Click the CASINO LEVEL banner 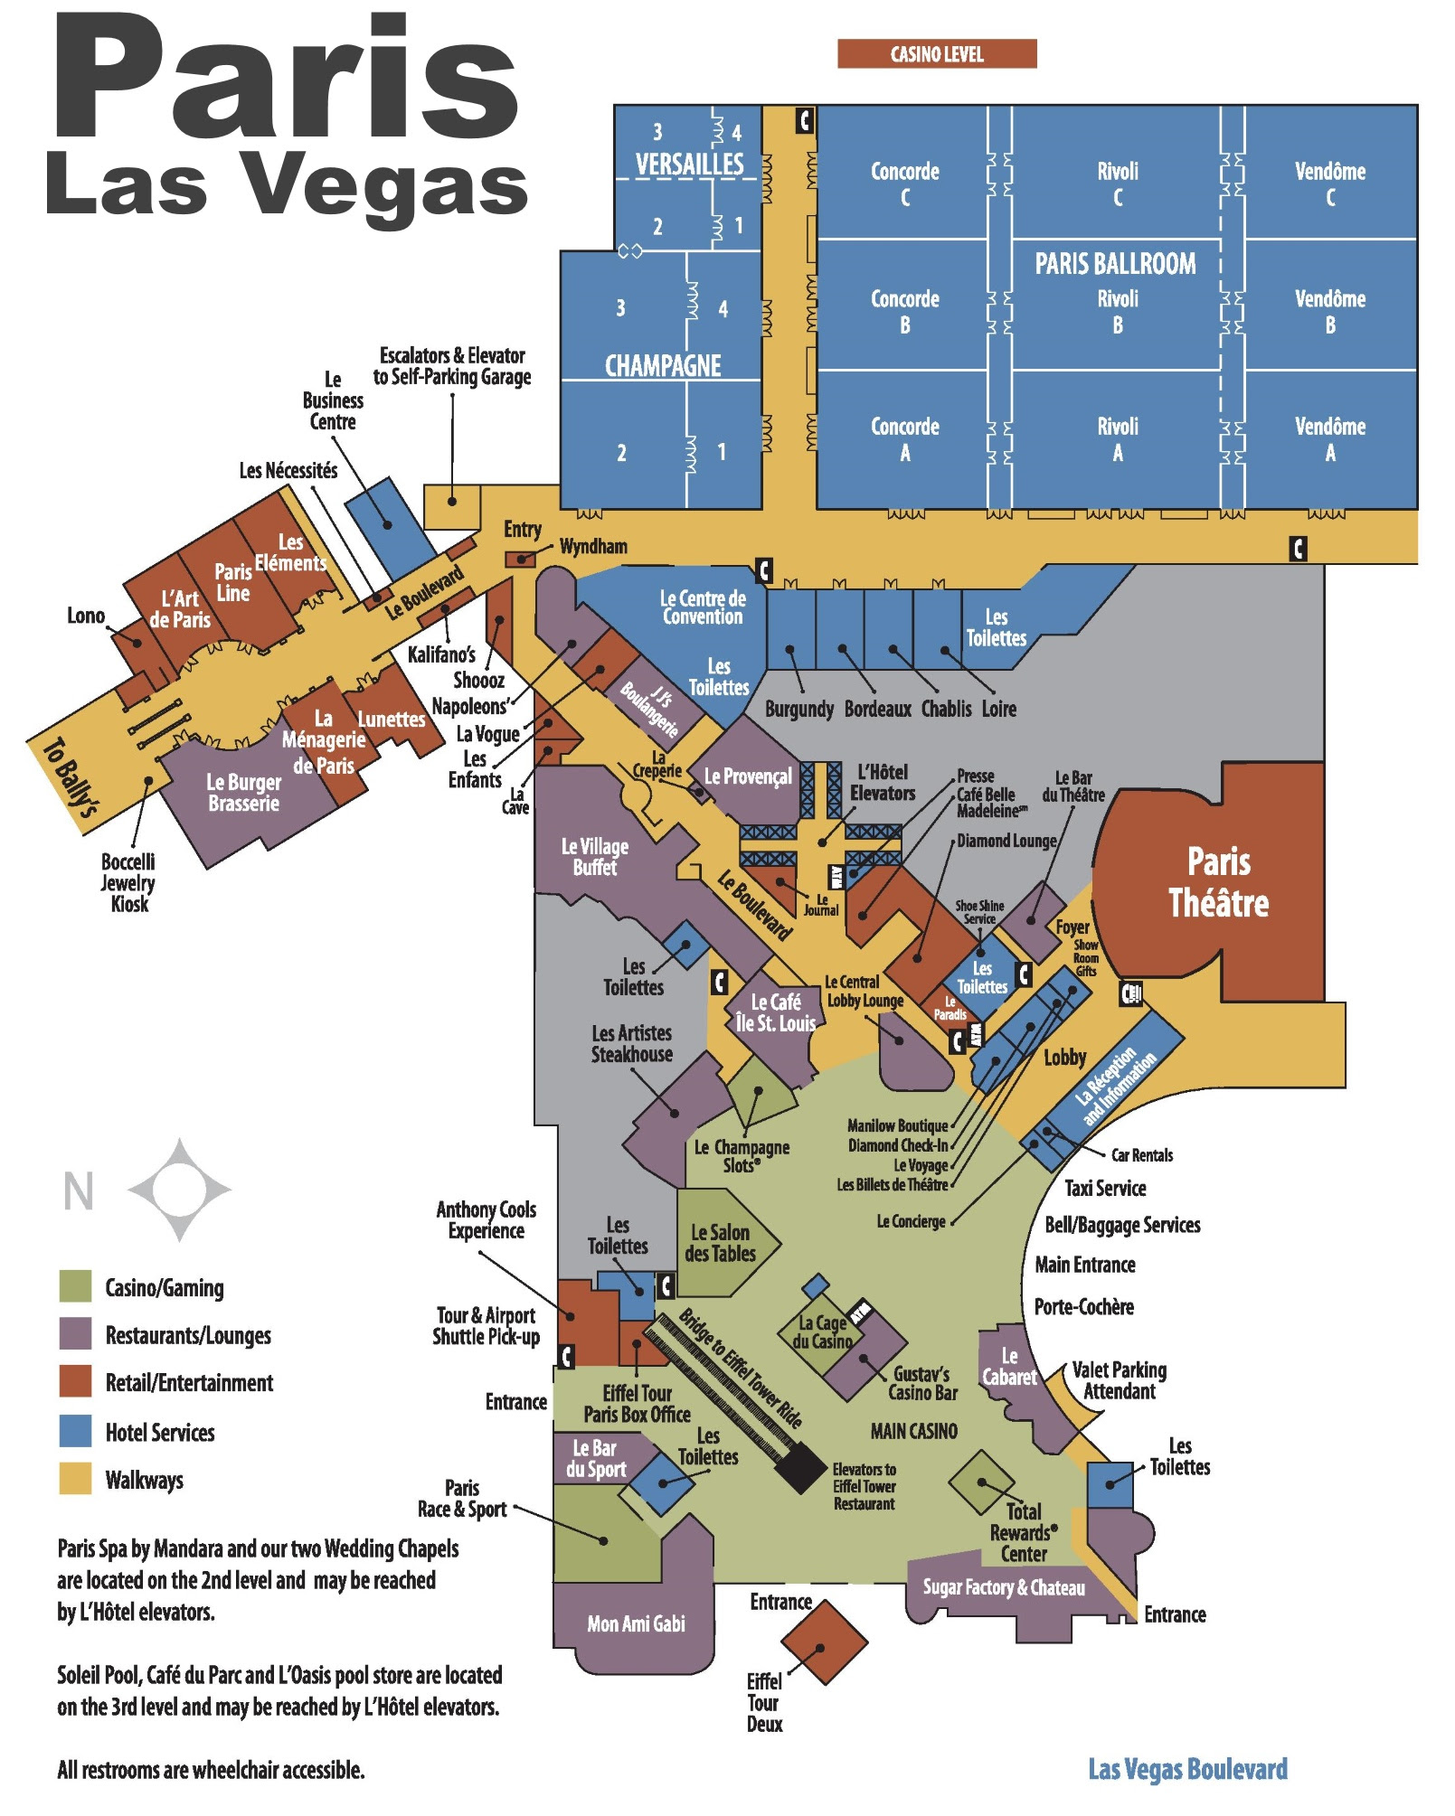936,54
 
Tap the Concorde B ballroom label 904,312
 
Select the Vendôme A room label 1329,439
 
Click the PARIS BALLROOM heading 1115,264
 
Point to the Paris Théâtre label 1218,882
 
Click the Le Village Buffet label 594,857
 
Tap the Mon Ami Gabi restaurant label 636,1624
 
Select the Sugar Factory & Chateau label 1003,1587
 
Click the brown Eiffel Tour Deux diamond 823,1642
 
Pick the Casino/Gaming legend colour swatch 75,1285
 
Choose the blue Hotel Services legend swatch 75,1431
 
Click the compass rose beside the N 179,1190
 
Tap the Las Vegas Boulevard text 1187,1769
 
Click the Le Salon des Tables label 720,1243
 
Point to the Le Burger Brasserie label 243,793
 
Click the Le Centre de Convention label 703,607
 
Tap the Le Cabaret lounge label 1009,1367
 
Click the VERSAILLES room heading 689,164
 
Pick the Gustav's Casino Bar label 922,1384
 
